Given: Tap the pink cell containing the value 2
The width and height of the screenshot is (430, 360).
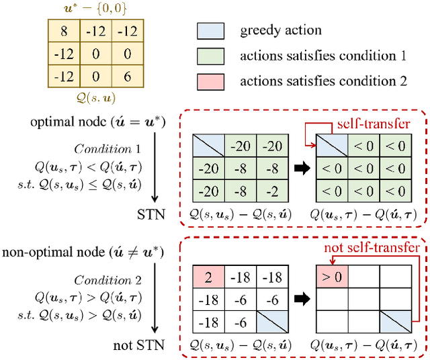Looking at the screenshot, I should [207, 275].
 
